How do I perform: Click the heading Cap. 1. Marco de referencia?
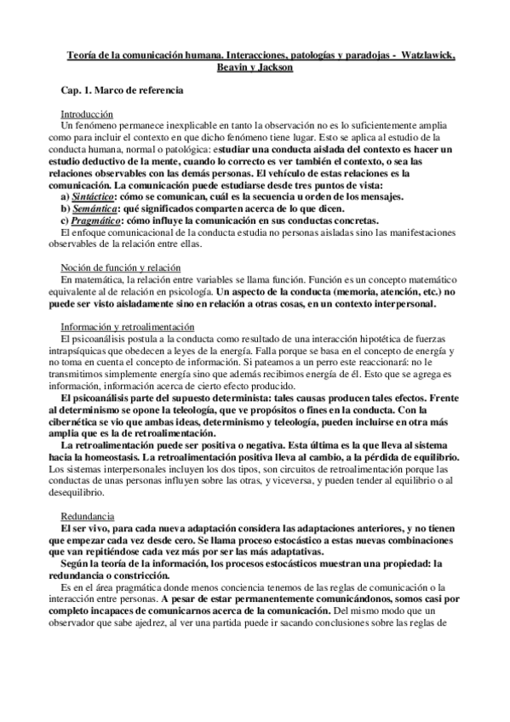point(121,89)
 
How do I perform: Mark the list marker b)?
point(66,207)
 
